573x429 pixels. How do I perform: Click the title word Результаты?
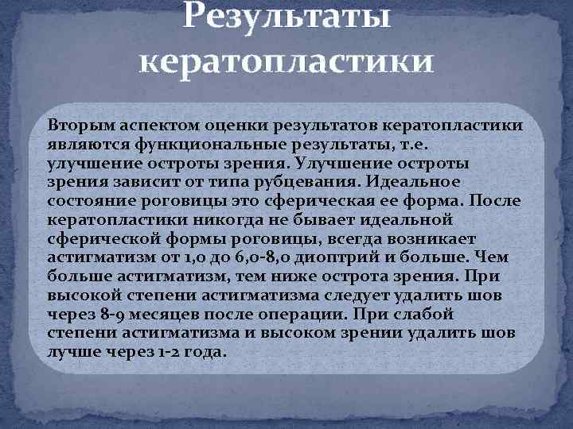click(286, 17)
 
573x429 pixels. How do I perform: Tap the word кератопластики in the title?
click(286, 61)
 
